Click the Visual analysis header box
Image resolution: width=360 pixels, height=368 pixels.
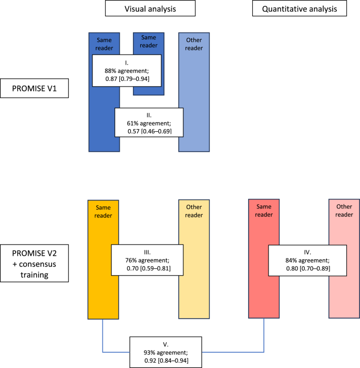[x=150, y=8]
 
